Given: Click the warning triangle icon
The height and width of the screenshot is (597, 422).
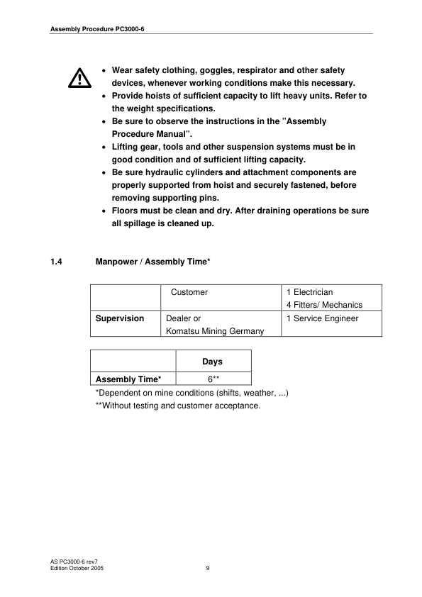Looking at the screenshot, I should (x=79, y=77).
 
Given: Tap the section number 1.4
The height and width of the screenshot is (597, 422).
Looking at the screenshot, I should (x=57, y=262).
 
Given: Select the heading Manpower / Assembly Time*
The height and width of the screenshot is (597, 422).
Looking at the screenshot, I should (x=152, y=262).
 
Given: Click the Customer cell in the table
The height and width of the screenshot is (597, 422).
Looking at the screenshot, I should (x=189, y=292).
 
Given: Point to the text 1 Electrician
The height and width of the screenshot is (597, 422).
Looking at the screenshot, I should (x=310, y=292).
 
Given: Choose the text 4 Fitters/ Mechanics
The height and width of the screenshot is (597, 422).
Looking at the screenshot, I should (x=324, y=305).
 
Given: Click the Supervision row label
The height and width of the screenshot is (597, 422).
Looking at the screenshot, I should (x=120, y=318).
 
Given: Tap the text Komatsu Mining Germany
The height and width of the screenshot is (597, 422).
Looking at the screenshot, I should (x=215, y=331).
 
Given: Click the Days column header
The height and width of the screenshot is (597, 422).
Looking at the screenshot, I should (x=212, y=362).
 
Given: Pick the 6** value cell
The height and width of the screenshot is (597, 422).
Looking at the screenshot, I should (x=212, y=379).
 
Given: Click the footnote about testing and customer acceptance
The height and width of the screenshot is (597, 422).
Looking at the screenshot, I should (x=178, y=406).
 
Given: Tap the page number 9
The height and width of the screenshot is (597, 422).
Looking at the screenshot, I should (x=208, y=567).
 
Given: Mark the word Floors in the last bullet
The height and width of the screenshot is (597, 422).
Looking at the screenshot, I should (x=126, y=211).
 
